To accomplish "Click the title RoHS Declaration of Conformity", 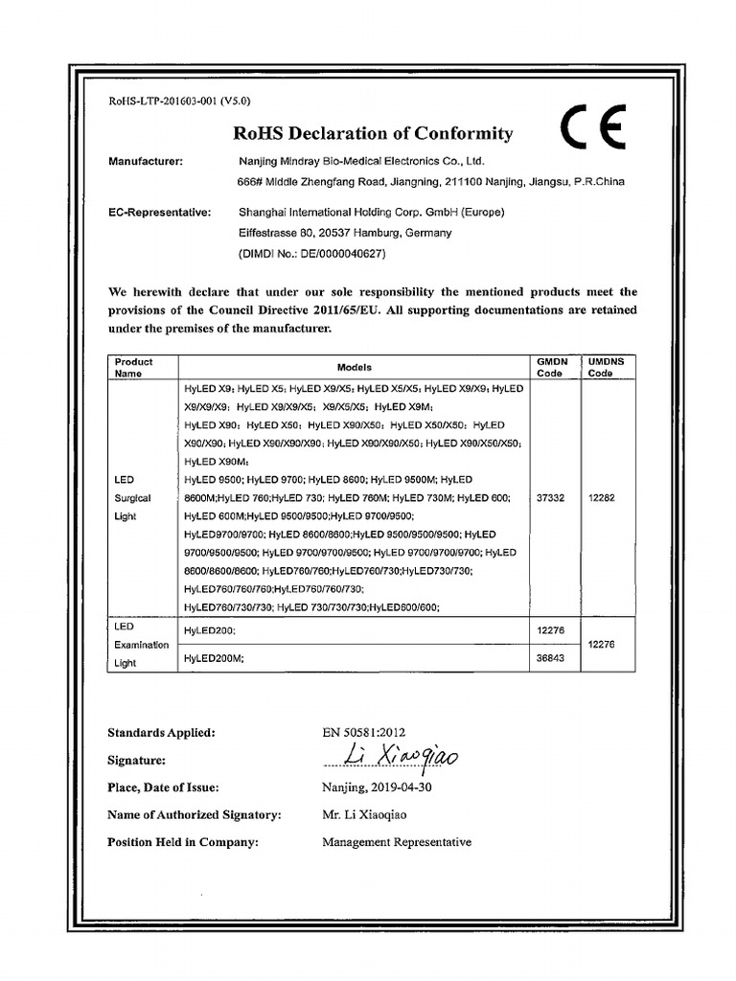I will pyautogui.click(x=373, y=134).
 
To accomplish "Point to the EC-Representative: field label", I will pyautogui.click(x=159, y=212).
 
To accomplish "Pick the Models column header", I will pyautogui.click(x=355, y=367).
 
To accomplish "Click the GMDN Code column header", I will pyautogui.click(x=552, y=367).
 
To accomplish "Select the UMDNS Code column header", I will pyautogui.click(x=605, y=367).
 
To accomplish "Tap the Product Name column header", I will pyautogui.click(x=133, y=367).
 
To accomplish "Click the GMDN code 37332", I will pyautogui.click(x=551, y=497).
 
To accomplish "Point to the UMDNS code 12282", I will pyautogui.click(x=604, y=497).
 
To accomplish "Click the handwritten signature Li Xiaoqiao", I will pyautogui.click(x=393, y=759).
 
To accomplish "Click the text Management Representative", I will pyautogui.click(x=397, y=842).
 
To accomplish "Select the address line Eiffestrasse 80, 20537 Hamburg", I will pyautogui.click(x=331, y=233).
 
